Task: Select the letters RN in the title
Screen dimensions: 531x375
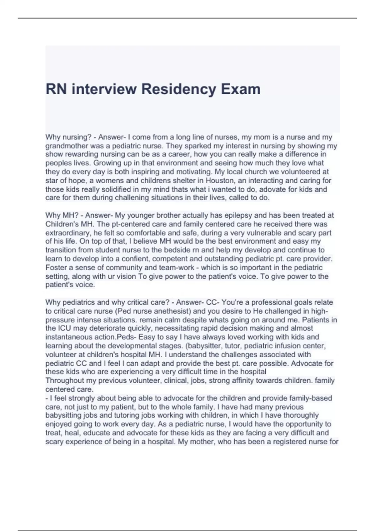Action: pyautogui.click(x=56, y=89)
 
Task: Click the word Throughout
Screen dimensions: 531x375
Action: pyautogui.click(x=65, y=380)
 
